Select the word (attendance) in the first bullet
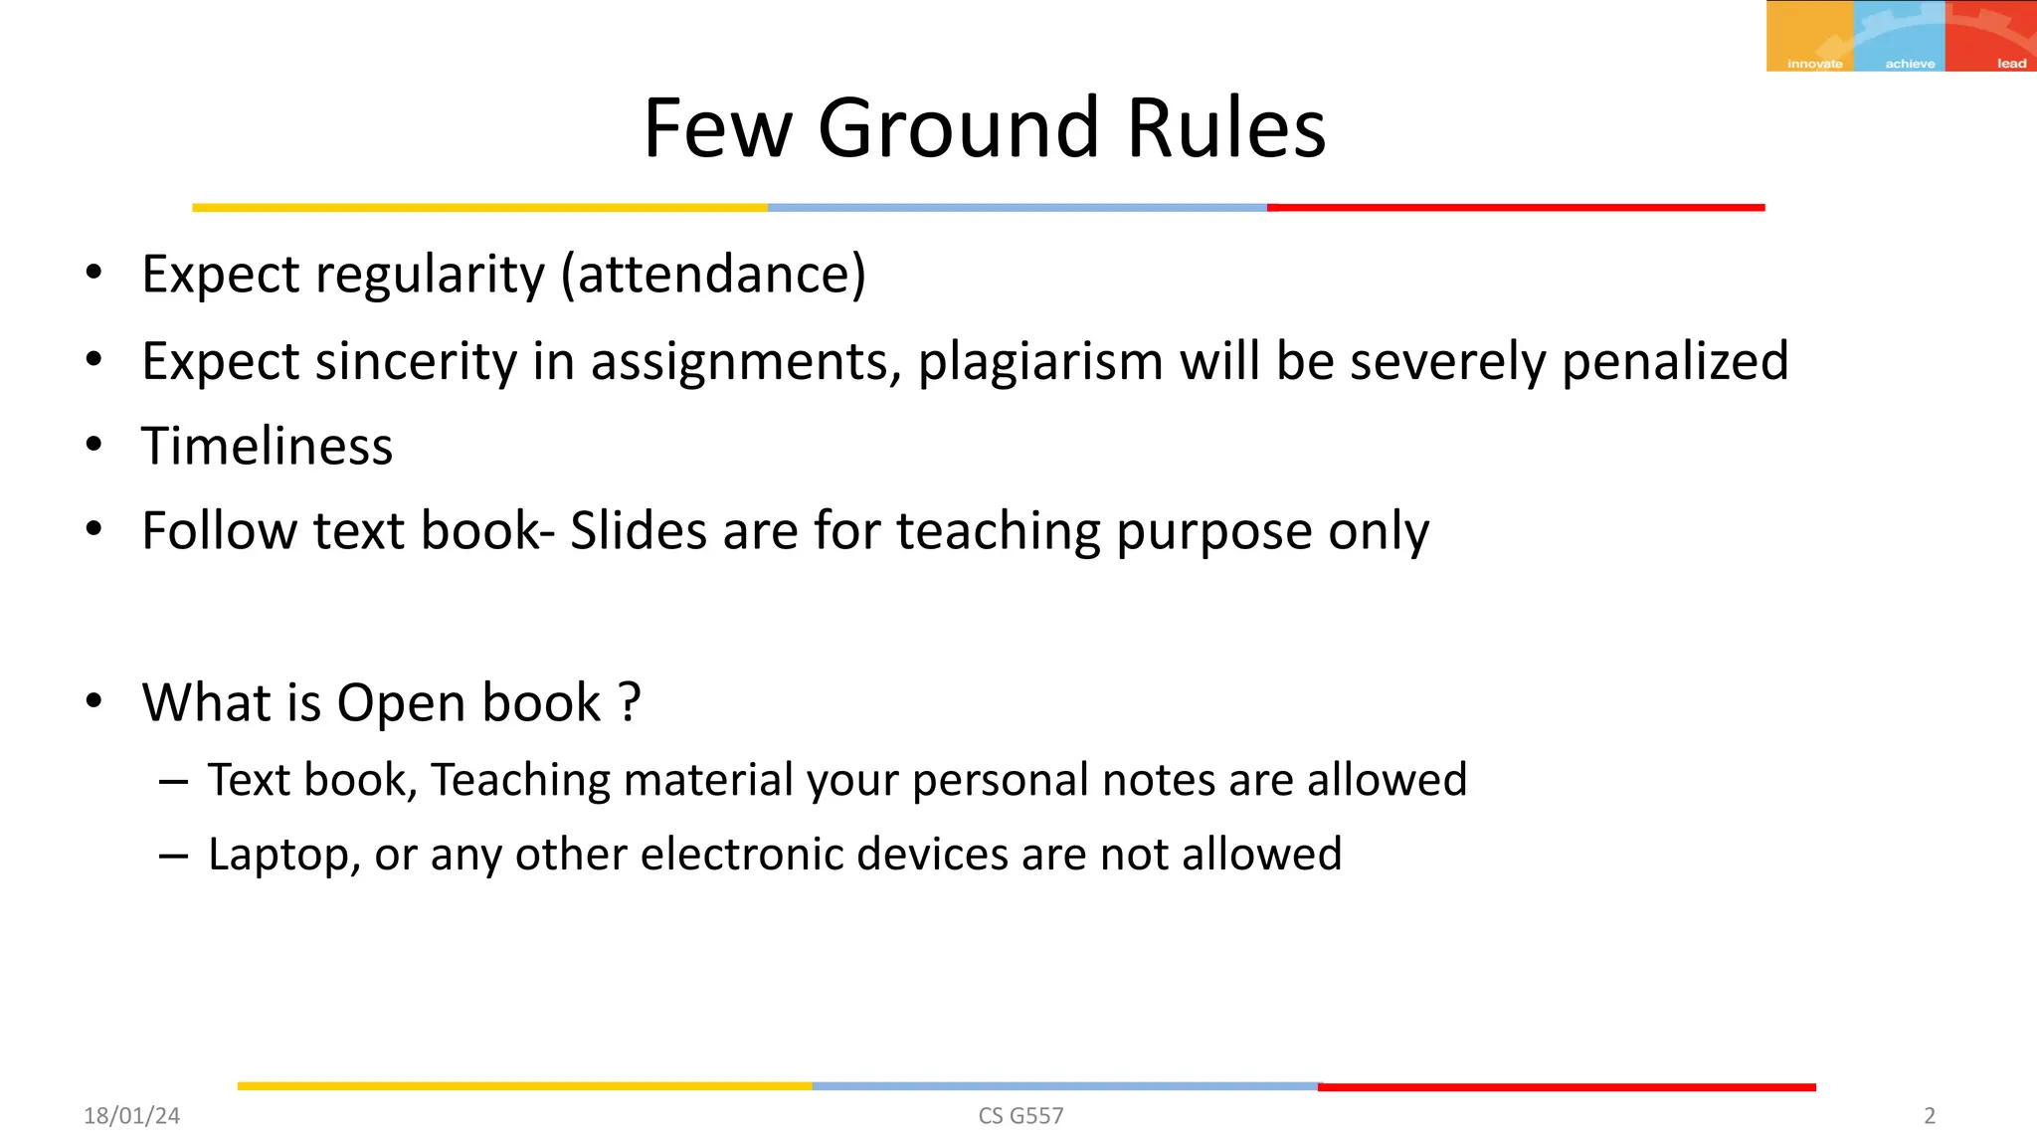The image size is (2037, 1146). [x=713, y=275]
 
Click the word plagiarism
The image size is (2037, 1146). [x=1040, y=361]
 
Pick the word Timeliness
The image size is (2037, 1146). [x=267, y=446]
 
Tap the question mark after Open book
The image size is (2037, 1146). [x=629, y=702]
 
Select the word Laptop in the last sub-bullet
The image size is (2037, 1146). [x=282, y=855]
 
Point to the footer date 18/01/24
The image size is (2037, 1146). [x=131, y=1116]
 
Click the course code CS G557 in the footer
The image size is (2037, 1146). [x=1020, y=1116]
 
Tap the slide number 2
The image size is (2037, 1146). [x=1930, y=1116]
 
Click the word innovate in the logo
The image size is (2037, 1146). [x=1814, y=64]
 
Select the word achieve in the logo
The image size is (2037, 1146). [x=1910, y=64]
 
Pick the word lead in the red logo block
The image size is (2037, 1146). [x=2011, y=64]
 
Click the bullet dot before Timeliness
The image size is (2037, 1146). [x=93, y=445]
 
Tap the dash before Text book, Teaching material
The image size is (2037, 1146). [x=173, y=782]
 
